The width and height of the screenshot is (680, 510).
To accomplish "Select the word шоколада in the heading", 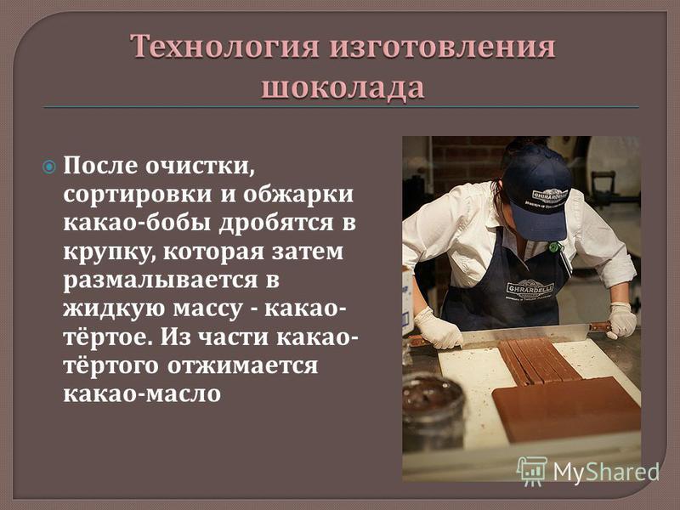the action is point(343,88).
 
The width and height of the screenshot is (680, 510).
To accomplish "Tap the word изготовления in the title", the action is point(442,47).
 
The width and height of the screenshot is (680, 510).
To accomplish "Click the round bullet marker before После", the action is point(49,167).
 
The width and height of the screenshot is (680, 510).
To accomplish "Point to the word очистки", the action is point(200,166).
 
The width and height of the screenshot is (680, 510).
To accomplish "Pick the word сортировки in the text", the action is point(138,195).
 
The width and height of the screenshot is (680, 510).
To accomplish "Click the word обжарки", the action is point(298,195).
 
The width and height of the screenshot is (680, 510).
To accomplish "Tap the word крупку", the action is point(110,252).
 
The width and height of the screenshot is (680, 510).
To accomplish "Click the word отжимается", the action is point(243,365).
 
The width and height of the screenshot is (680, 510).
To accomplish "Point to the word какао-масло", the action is point(142,394).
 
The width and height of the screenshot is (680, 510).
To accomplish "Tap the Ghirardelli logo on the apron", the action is point(530,288).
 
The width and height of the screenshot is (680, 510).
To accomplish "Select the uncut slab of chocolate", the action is point(566,408).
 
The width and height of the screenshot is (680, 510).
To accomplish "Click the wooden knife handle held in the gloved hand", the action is point(599,327).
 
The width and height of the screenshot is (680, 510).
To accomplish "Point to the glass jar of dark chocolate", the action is point(432,410).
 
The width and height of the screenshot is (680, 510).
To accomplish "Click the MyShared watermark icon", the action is point(531,471).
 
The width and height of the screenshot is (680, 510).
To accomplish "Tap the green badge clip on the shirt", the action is point(554,247).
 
